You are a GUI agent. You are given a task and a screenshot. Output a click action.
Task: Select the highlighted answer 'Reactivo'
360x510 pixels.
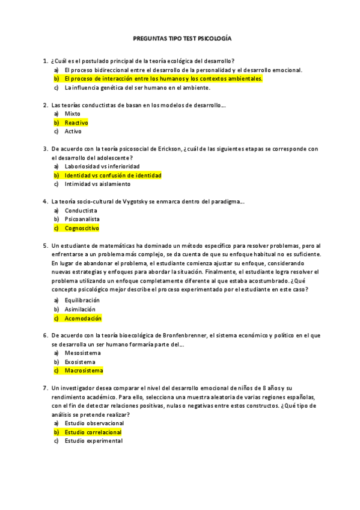pyautogui.click(x=76, y=123)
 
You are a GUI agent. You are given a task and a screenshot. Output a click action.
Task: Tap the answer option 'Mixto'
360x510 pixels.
pyautogui.click(x=72, y=114)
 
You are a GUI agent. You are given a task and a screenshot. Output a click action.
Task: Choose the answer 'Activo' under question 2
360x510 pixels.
pyautogui.click(x=73, y=131)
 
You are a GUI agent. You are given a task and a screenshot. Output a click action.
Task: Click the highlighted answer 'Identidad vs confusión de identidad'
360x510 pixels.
pyautogui.click(x=113, y=175)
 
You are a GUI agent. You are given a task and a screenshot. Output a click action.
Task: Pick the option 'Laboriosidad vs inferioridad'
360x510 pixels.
pyautogui.click(x=102, y=166)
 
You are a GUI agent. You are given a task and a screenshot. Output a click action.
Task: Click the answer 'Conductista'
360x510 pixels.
pyautogui.click(x=81, y=210)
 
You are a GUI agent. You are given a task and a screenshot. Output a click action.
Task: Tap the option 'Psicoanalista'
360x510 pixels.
pyautogui.click(x=82, y=220)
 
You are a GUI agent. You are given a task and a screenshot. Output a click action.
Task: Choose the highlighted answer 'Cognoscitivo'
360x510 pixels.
pyautogui.click(x=82, y=229)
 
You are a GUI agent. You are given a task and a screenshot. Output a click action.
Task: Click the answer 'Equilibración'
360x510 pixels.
pyautogui.click(x=82, y=300)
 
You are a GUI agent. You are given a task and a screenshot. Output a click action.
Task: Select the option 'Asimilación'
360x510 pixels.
pyautogui.click(x=80, y=309)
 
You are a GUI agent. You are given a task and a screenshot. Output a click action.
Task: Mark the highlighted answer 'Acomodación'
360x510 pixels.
pyautogui.click(x=83, y=318)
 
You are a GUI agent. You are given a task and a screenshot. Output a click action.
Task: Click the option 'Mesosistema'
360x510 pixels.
pyautogui.click(x=83, y=353)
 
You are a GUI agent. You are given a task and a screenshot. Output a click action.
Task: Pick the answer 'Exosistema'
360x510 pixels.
pyautogui.click(x=80, y=362)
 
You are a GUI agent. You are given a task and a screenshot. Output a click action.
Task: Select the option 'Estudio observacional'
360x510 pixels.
pyautogui.click(x=94, y=423)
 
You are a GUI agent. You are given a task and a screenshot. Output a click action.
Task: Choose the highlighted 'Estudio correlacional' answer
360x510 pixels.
pyautogui.click(x=93, y=432)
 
